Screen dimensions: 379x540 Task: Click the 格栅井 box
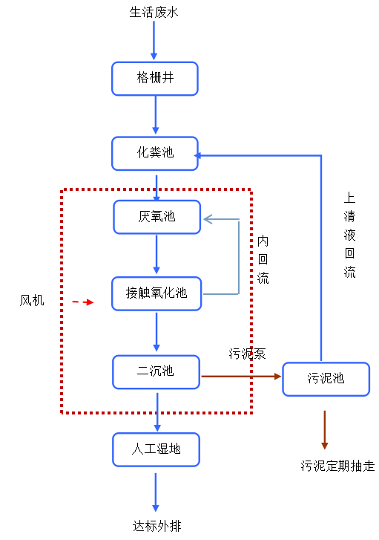155,79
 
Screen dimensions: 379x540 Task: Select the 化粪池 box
155,153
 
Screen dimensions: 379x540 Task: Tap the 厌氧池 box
156,217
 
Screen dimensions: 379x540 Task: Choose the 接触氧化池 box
156,293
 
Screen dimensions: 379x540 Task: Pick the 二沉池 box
156,372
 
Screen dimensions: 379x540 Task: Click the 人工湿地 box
156,449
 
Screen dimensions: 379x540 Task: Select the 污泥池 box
326,379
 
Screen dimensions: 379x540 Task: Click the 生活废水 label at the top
154,13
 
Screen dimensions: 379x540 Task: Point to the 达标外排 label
156,526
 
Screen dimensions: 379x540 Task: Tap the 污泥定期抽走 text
337,466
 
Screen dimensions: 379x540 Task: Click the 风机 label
32,300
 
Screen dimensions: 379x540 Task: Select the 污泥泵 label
247,354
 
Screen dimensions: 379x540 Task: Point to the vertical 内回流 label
263,259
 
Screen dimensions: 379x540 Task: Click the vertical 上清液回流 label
350,235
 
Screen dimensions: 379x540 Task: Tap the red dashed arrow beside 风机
83,302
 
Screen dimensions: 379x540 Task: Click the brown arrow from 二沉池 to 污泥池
241,377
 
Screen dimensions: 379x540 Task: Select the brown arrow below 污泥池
324,430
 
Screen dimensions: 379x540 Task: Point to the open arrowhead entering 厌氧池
208,219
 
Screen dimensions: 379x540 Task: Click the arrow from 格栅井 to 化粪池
156,114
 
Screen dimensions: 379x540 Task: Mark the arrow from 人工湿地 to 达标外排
156,492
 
